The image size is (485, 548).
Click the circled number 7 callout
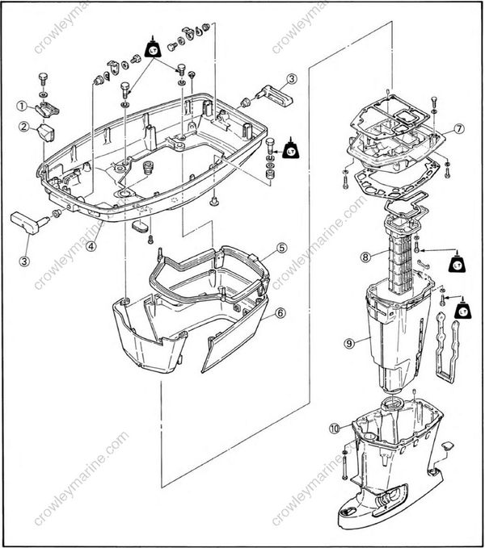coord(458,128)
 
